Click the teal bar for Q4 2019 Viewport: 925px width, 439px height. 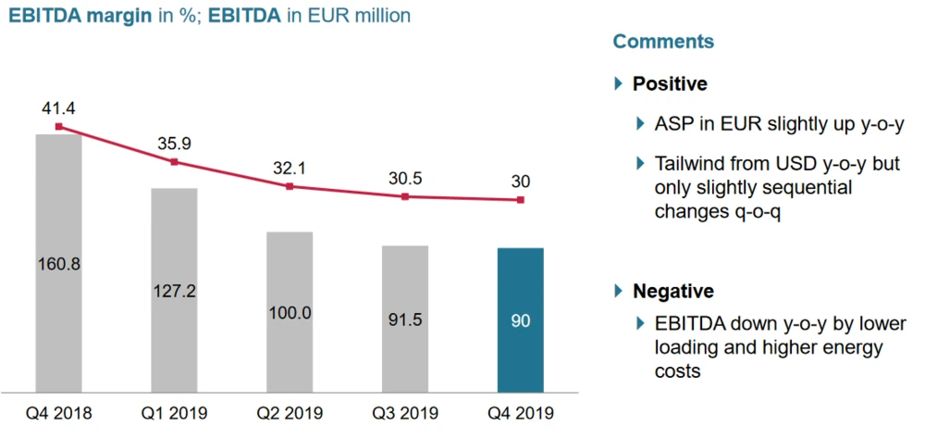click(x=521, y=320)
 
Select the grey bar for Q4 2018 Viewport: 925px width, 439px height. click(x=58, y=263)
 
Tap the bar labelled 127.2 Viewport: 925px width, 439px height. click(x=174, y=290)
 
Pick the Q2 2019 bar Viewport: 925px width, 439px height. click(x=290, y=311)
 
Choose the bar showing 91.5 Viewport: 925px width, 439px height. click(x=405, y=319)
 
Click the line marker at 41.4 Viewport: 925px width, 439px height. click(x=58, y=127)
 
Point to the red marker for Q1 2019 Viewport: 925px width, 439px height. click(x=174, y=162)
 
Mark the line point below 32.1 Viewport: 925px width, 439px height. click(x=290, y=186)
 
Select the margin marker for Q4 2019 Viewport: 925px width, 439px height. click(x=521, y=200)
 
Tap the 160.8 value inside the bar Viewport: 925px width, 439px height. click(x=58, y=264)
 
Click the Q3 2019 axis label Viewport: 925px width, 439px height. click(x=405, y=413)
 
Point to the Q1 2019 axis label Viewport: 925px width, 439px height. click(x=174, y=413)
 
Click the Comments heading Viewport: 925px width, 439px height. click(x=663, y=42)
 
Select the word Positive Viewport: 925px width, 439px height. click(x=670, y=84)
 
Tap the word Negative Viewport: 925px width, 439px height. click(x=673, y=292)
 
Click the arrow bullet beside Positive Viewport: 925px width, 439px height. click(x=619, y=84)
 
